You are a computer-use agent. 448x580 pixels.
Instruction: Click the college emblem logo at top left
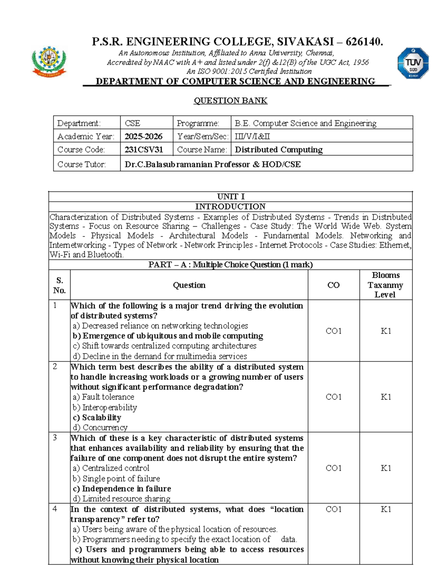click(49, 62)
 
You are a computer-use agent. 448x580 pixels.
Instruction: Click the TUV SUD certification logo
click(413, 63)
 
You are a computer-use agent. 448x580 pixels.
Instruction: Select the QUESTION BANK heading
click(230, 100)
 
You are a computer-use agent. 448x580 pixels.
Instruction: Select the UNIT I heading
click(231, 196)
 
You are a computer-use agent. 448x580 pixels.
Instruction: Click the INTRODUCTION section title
click(230, 207)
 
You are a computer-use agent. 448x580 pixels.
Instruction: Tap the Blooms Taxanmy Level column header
click(385, 285)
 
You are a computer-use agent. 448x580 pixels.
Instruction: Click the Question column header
click(189, 285)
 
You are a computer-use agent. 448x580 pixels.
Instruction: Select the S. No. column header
click(59, 285)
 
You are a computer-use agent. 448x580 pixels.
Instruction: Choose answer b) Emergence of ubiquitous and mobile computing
click(168, 336)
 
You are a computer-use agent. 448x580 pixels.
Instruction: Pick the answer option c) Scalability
click(97, 418)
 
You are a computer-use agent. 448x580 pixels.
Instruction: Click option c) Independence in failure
click(122, 488)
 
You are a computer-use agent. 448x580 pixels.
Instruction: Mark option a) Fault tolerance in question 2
click(103, 397)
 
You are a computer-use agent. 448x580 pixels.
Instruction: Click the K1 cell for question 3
click(386, 468)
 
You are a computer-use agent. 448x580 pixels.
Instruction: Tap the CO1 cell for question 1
click(333, 331)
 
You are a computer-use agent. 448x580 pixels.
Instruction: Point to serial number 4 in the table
click(55, 509)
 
